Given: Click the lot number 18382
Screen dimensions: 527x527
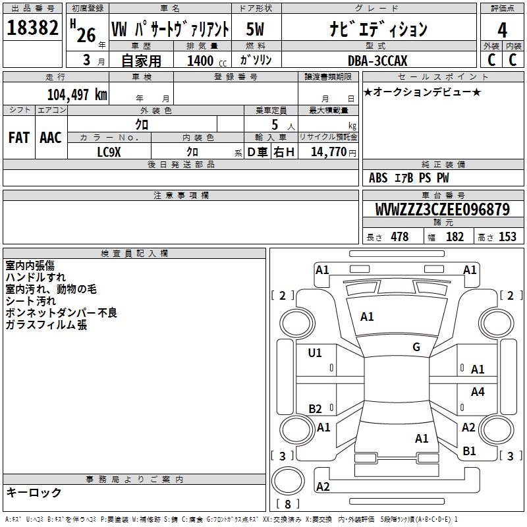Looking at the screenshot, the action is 32,28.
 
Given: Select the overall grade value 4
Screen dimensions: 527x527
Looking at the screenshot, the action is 502,30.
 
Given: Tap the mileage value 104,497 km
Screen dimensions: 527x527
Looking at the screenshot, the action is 76,94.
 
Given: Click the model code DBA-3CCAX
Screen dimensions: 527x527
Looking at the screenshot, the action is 377,61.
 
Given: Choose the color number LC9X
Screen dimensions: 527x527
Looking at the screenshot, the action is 109,152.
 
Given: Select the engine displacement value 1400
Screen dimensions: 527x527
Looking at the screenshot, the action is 201,61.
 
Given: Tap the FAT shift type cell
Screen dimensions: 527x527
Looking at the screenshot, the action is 18,138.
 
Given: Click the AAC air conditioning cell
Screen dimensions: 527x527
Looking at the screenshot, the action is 51,138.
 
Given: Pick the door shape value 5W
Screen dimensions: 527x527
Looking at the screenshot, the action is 255,30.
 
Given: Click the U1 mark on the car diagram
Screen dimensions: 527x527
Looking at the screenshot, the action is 315,353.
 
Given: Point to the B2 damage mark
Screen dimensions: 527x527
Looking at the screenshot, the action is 315,409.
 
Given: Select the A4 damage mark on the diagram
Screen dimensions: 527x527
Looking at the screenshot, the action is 478,392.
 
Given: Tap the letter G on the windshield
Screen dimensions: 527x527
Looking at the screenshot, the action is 416,347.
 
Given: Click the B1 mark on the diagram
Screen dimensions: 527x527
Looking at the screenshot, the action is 469,451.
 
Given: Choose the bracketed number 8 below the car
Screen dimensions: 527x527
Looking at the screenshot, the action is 287,505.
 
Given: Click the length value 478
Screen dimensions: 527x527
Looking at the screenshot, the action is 399,237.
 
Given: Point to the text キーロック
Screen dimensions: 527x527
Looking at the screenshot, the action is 34,493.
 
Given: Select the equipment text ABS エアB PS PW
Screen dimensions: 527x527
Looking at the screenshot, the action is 409,178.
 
